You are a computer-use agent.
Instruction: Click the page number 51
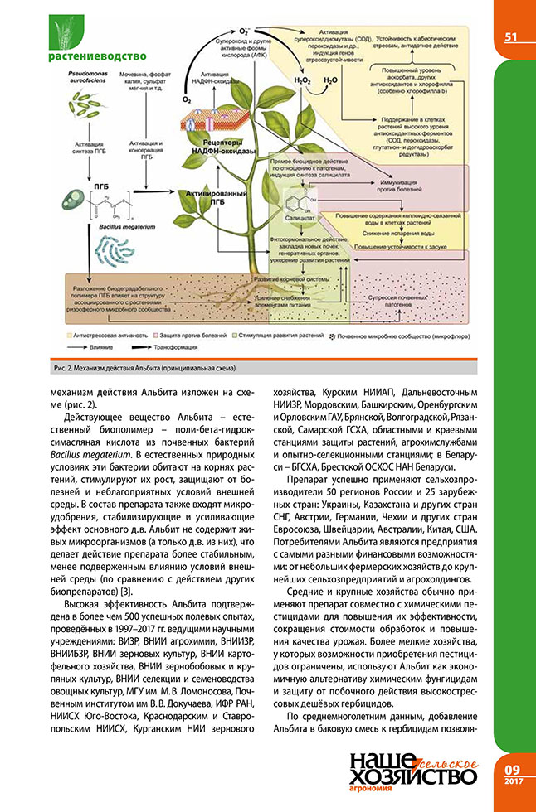point(511,36)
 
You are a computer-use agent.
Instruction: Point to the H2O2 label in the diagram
point(304,81)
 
